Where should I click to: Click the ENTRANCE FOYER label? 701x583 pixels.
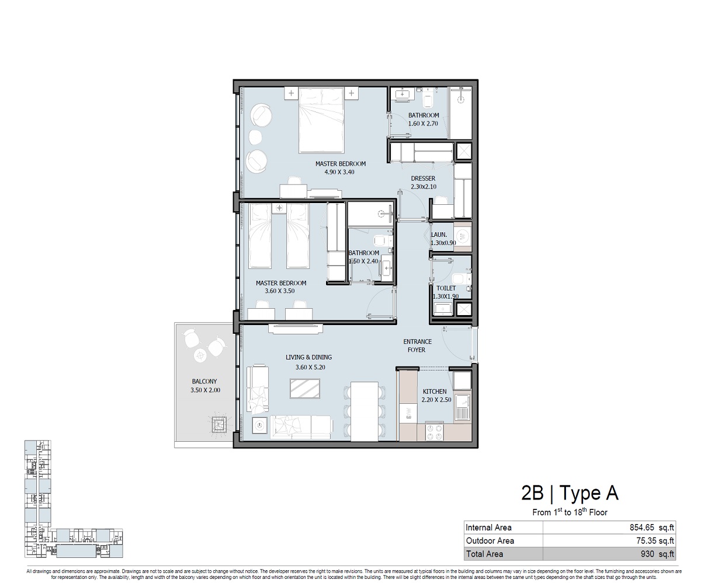tap(417, 345)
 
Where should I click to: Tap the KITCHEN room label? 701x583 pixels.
tap(434, 392)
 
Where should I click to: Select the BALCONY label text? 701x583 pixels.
tap(204, 382)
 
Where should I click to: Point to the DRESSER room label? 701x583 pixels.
tap(422, 179)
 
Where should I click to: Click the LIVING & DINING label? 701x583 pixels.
tap(308, 357)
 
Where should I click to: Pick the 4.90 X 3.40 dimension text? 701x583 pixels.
tap(340, 172)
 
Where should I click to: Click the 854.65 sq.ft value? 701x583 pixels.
tap(651, 528)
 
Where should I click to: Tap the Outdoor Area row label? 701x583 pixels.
tap(490, 541)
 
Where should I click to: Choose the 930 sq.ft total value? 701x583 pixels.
tap(659, 554)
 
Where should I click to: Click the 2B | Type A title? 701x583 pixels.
tap(570, 494)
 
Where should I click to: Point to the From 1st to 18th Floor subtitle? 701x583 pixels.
tap(570, 512)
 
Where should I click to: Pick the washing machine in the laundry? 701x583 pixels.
tap(463, 236)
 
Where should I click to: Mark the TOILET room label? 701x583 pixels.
tap(446, 288)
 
